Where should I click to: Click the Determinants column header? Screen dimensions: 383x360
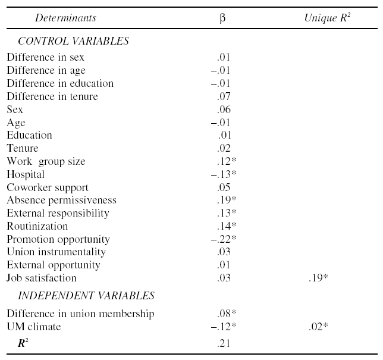65,18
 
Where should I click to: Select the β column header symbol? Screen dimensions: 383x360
222,18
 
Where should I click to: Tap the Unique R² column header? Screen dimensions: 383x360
327,18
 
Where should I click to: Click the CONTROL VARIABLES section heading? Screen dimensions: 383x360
73,41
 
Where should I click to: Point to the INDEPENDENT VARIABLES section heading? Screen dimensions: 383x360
86,296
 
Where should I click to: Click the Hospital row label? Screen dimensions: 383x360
26,174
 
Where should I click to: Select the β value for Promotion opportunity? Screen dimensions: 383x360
224,239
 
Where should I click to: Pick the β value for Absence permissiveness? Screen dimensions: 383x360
227,200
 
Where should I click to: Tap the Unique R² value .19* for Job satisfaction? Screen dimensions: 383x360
318,278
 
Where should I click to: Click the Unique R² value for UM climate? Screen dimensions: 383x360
318,327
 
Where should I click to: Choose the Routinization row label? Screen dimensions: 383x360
37,226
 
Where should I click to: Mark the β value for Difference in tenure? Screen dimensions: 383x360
224,96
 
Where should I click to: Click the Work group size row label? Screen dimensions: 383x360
46,161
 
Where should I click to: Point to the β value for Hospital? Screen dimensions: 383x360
224,174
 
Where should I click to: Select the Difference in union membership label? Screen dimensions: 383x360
81,314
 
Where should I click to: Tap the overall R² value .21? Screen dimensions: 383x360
224,343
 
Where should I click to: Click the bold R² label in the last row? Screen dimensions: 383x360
23,343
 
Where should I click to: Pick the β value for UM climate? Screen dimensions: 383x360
224,327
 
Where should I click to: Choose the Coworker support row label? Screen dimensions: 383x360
48,187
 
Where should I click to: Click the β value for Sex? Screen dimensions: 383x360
224,109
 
